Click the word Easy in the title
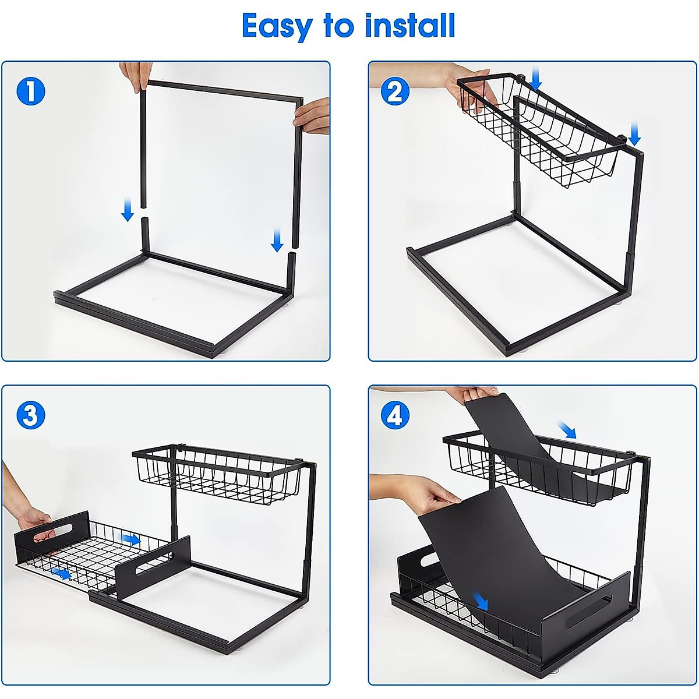276,27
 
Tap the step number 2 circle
395,91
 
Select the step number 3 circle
30,415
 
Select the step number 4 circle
395,416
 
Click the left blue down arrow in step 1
128,211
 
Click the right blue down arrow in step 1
277,240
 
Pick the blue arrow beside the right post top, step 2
634,133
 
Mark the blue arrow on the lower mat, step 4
480,601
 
